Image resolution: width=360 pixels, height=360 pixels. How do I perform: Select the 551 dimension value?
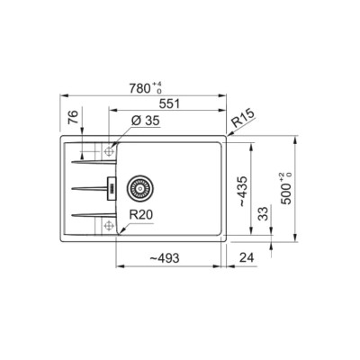click(x=169, y=103)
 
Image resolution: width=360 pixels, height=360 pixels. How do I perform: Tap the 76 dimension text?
click(x=73, y=117)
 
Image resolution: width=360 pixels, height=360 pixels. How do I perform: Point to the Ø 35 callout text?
click(x=146, y=121)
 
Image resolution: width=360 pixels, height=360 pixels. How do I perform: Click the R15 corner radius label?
click(x=243, y=118)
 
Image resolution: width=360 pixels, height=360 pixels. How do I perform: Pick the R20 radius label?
click(x=141, y=215)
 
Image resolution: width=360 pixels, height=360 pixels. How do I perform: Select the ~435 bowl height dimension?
click(x=243, y=191)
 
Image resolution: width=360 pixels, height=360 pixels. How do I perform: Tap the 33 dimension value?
click(x=263, y=213)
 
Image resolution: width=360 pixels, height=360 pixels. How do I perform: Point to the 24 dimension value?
click(x=247, y=257)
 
